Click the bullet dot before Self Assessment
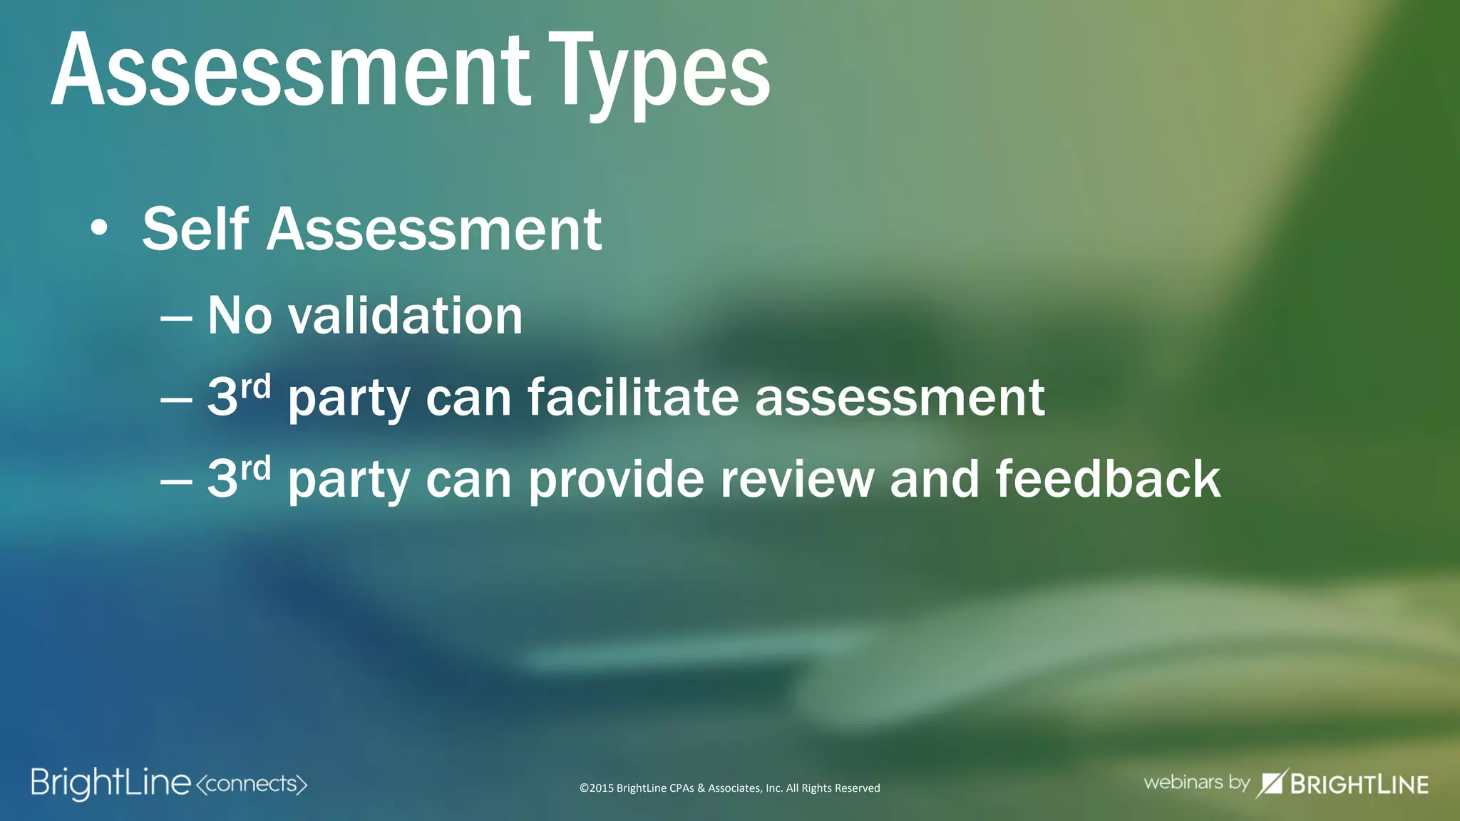click(100, 229)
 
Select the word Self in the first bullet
click(195, 229)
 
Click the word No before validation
click(240, 316)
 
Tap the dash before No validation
click(176, 318)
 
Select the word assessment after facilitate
click(900, 398)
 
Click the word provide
click(617, 479)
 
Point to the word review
click(797, 479)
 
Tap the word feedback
click(1108, 479)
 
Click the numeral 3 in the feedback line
click(222, 479)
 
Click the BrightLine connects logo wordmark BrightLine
click(111, 783)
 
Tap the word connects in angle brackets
click(251, 784)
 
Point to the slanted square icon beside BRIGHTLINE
click(1272, 783)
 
